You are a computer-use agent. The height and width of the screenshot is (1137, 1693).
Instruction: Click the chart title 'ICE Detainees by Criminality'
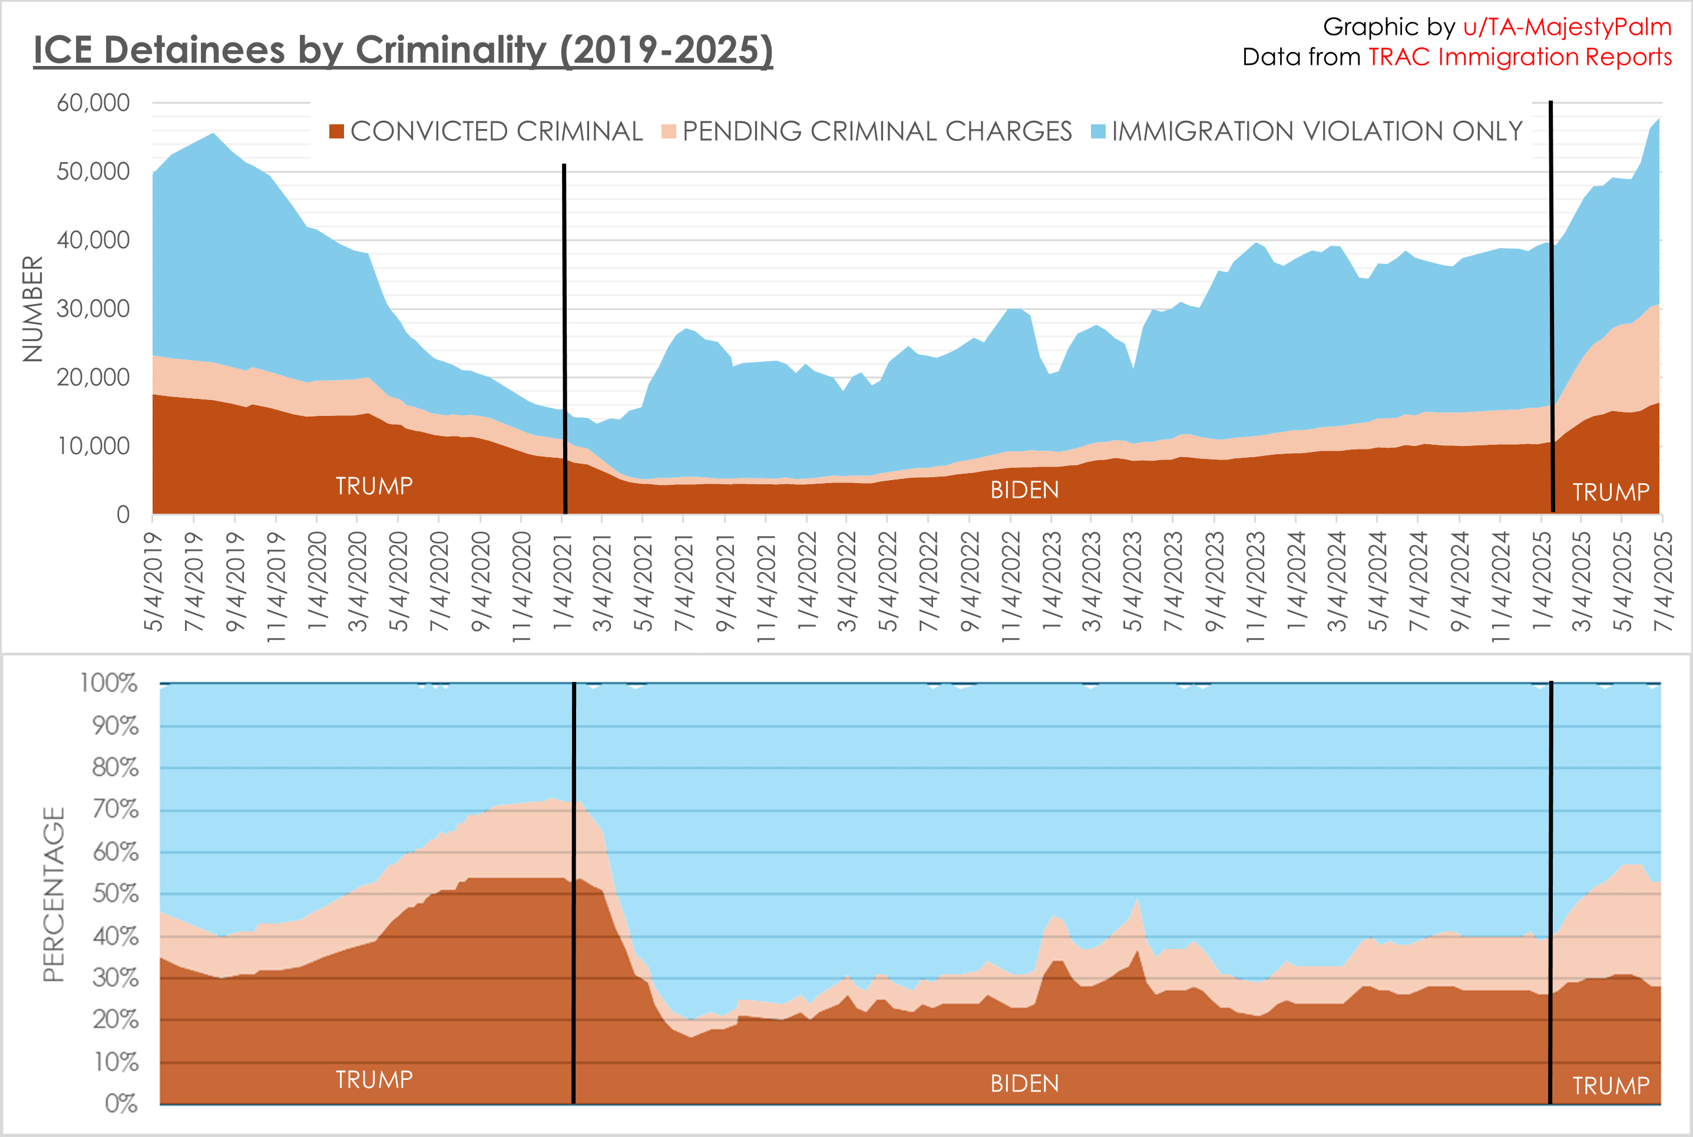point(403,51)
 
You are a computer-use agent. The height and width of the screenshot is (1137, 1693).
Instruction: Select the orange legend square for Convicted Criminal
point(336,131)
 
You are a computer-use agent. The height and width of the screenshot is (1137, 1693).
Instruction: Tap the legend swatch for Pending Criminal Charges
point(669,131)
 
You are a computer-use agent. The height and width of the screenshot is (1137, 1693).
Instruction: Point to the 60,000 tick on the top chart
point(94,103)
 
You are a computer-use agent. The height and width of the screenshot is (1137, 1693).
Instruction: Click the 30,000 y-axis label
point(94,309)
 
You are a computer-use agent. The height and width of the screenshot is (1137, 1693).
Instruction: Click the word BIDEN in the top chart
point(1024,491)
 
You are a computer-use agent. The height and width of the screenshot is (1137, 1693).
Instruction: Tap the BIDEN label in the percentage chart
point(1024,1084)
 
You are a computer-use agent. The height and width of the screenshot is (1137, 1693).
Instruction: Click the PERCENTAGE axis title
point(54,894)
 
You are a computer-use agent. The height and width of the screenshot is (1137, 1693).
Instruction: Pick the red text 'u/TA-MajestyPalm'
point(1567,27)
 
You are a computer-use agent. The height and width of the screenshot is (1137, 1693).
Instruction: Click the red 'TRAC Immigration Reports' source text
point(1520,57)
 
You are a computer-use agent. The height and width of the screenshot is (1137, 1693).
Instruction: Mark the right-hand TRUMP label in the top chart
point(1611,493)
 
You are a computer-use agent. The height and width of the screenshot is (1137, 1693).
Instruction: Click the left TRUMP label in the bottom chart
point(374,1080)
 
